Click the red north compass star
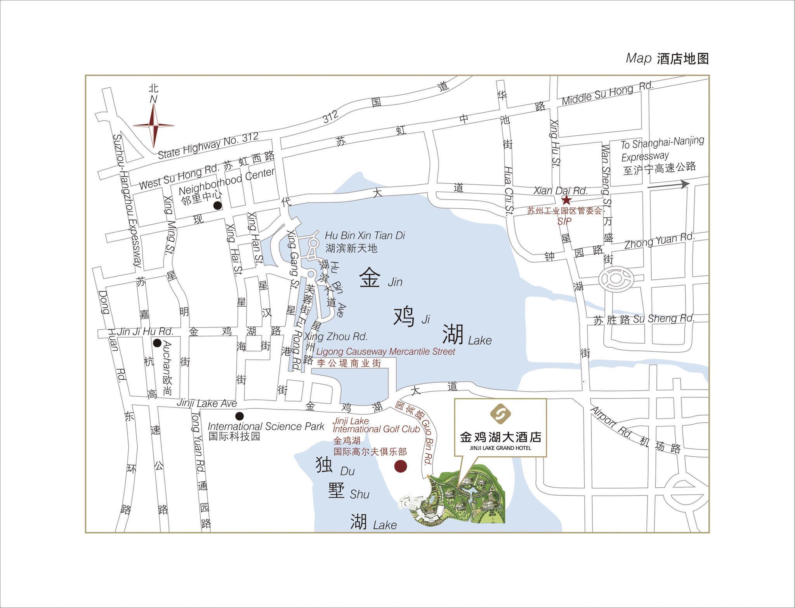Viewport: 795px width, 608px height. pyautogui.click(x=154, y=125)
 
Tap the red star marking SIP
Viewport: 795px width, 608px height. pyautogui.click(x=566, y=200)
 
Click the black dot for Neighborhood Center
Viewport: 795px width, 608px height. pyautogui.click(x=218, y=205)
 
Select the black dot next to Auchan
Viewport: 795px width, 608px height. pyautogui.click(x=157, y=343)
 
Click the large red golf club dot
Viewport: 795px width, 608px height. pyautogui.click(x=400, y=466)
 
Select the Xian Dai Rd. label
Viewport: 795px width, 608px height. pyautogui.click(x=561, y=191)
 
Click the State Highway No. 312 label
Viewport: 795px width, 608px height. pyautogui.click(x=208, y=146)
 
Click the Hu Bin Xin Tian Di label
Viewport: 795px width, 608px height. pyautogui.click(x=365, y=236)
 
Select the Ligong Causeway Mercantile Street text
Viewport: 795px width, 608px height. pyautogui.click(x=385, y=352)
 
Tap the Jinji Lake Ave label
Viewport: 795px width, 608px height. pyautogui.click(x=207, y=404)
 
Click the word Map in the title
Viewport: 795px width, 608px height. pyautogui.click(x=638, y=59)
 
